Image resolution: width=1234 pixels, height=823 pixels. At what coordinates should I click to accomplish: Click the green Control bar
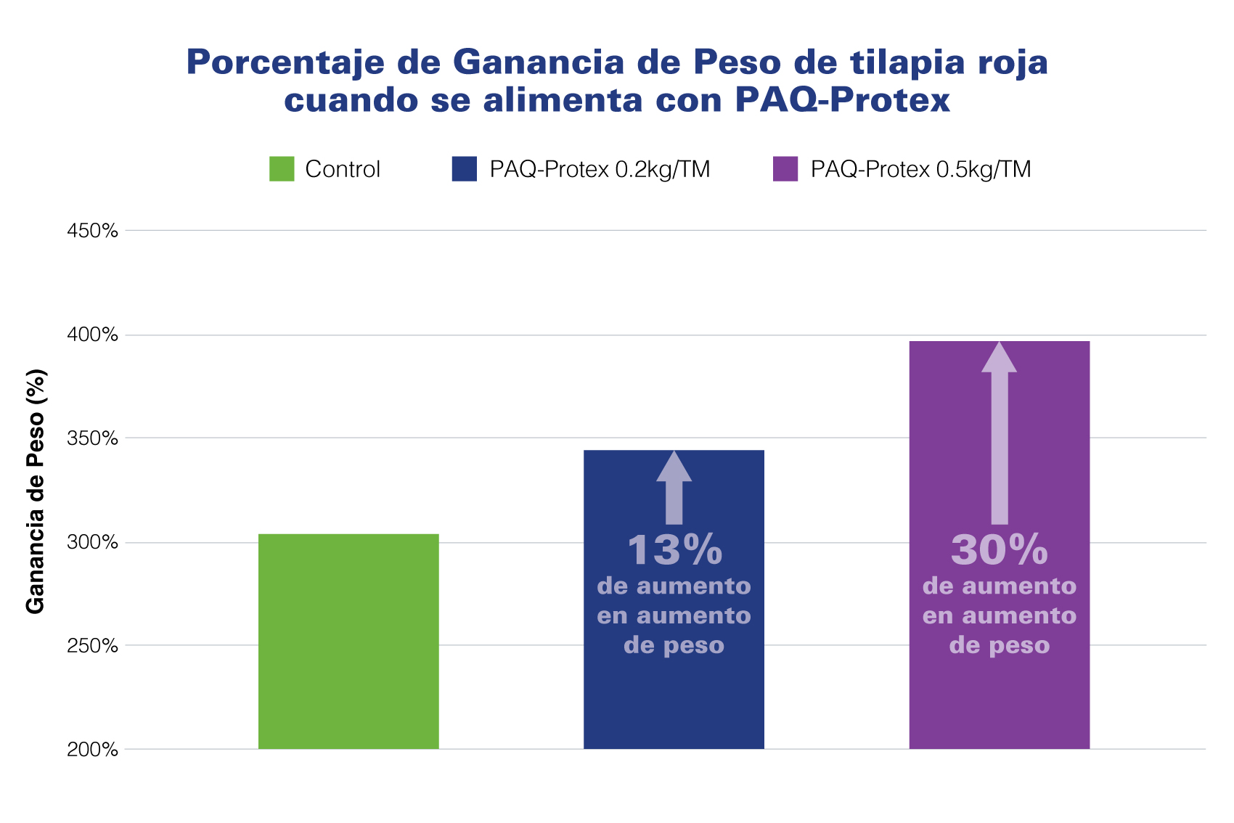pos(348,642)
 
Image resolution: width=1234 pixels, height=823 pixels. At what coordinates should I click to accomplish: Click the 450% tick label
pos(92,231)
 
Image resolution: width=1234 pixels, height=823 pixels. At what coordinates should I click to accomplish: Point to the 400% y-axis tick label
pos(92,335)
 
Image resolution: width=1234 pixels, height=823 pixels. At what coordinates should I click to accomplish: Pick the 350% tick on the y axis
pos(92,438)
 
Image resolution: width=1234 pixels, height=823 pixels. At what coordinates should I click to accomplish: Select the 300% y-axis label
pos(92,542)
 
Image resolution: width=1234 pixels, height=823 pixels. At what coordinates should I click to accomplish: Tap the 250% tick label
pos(92,646)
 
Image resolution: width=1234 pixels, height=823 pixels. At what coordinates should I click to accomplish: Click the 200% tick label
pos(92,750)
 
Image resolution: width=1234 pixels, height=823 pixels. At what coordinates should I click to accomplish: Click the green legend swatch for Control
pos(282,169)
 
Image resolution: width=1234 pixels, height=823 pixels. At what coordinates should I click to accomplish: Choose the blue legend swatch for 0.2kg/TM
pos(465,169)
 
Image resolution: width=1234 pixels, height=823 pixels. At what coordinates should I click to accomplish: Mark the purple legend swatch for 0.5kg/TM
pos(785,169)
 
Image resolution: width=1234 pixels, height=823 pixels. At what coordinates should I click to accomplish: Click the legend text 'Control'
pos(343,169)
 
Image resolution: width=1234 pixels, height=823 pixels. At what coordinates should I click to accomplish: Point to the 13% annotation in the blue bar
pos(674,550)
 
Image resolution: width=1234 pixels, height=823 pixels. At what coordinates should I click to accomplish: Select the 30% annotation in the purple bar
pos(1000,550)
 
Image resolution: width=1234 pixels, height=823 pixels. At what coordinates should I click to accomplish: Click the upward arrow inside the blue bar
pos(674,488)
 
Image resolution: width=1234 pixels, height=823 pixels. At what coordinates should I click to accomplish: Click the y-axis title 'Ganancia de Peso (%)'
pos(36,491)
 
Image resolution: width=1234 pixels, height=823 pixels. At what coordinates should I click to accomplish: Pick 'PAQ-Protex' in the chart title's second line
pos(842,99)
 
